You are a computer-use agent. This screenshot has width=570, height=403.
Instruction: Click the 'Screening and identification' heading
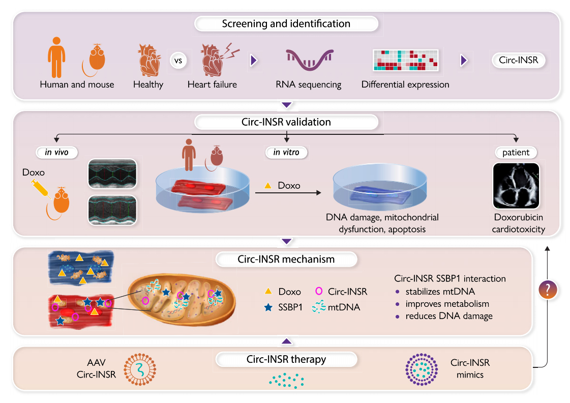(286, 24)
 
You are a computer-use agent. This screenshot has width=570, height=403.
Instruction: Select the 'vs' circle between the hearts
(178, 61)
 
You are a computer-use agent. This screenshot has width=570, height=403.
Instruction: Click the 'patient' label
(517, 152)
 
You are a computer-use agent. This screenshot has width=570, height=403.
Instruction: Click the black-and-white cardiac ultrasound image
(517, 186)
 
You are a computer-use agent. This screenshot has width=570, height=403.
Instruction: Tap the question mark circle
(547, 290)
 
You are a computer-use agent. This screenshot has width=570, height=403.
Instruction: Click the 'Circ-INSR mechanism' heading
(286, 259)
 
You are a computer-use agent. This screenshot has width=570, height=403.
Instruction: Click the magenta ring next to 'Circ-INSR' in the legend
(319, 292)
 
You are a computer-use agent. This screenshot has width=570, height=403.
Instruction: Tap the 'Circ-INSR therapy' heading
(286, 359)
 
